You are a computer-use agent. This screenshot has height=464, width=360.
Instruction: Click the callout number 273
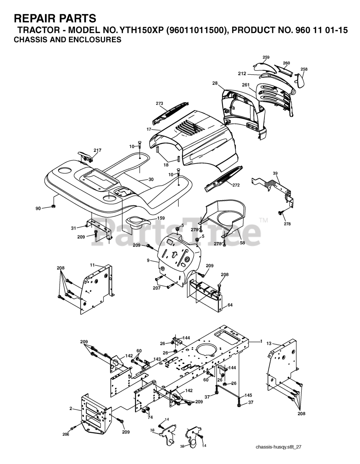(159, 103)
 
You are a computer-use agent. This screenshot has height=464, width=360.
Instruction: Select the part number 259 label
(266, 57)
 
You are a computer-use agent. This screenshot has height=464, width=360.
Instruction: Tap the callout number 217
(97, 150)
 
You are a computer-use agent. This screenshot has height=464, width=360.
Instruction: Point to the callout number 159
(160, 218)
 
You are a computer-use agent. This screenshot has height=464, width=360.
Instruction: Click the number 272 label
(236, 185)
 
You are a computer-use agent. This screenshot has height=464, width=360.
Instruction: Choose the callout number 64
(230, 305)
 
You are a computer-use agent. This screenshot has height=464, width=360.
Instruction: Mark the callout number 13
(269, 343)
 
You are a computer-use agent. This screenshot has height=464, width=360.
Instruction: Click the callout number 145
(248, 395)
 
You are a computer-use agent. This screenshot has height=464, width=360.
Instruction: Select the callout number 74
(150, 417)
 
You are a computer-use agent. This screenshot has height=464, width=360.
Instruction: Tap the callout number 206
(66, 434)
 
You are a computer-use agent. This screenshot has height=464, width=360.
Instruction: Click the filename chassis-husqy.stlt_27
(278, 447)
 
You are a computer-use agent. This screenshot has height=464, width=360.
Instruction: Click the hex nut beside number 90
(53, 207)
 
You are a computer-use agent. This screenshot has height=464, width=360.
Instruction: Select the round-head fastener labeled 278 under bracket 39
(280, 213)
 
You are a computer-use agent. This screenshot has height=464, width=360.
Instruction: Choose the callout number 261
(246, 85)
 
